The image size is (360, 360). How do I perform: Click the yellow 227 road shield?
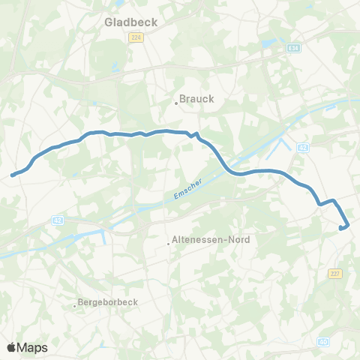[335, 274]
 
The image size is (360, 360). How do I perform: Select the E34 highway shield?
[295, 46]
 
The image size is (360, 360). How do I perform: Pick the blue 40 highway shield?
[323, 341]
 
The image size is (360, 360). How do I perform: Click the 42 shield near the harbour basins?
[302, 148]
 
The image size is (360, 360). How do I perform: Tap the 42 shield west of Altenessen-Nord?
[58, 220]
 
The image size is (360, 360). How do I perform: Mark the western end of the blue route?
[12, 175]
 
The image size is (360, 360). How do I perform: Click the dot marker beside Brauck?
[176, 103]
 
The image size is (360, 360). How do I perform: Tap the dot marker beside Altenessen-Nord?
[168, 243]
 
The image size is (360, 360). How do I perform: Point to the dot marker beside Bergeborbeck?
[75, 305]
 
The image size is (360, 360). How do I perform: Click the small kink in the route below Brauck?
[195, 136]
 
